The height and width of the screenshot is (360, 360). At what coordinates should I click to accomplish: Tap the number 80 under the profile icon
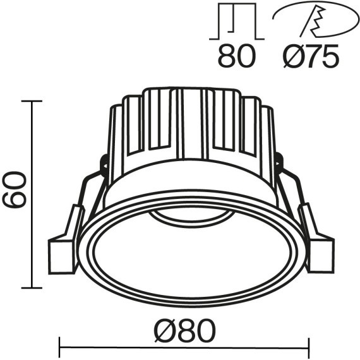pos(236,57)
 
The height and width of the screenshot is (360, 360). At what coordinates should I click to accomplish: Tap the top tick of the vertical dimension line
pos(32,101)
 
